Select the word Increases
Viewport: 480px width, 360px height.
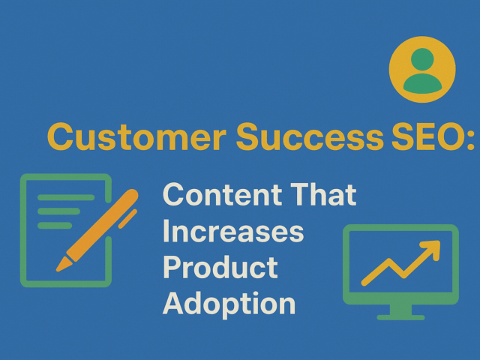click(x=233, y=232)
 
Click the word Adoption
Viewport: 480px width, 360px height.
click(x=229, y=304)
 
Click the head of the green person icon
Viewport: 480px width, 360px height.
click(x=422, y=59)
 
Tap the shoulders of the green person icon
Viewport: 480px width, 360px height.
click(x=422, y=83)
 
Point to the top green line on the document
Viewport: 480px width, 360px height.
click(x=66, y=198)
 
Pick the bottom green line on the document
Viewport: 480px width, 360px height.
click(x=55, y=225)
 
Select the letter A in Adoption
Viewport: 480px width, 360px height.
click(x=174, y=303)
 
